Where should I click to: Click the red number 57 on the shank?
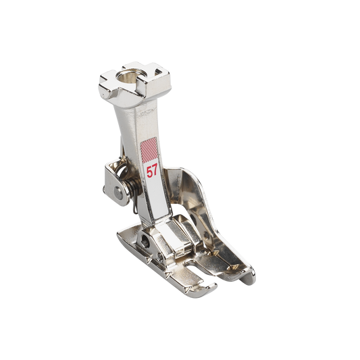click(x=152, y=172)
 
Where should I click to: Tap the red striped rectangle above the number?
click(x=149, y=149)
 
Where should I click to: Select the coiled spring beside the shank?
click(x=130, y=184)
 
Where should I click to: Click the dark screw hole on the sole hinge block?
click(x=145, y=240)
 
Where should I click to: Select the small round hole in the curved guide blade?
click(x=206, y=236)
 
